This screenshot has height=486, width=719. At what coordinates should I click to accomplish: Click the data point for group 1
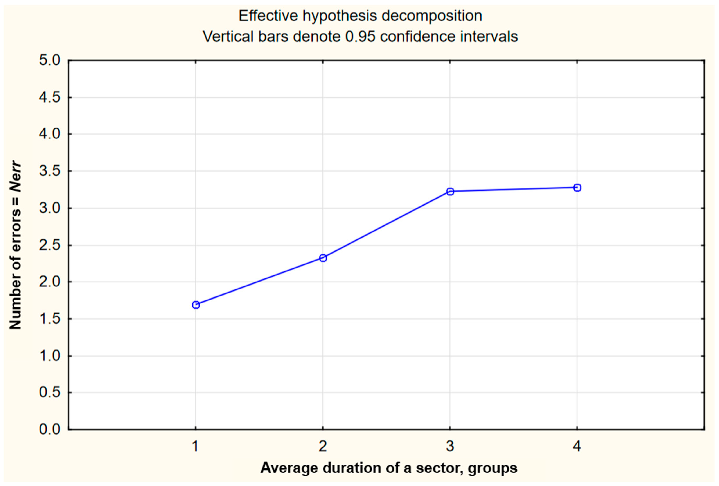196,305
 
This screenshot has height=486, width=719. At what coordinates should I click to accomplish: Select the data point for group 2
323,258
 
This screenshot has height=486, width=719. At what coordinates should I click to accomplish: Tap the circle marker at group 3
450,192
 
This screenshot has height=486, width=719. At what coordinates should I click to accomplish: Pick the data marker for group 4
577,188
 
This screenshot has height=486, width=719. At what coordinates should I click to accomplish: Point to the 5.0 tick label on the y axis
50,60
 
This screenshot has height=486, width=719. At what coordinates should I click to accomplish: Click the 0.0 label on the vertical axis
50,429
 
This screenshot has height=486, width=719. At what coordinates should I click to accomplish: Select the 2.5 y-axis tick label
50,245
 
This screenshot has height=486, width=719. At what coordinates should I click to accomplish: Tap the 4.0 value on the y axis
50,134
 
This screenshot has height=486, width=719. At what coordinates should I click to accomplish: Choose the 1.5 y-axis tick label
50,319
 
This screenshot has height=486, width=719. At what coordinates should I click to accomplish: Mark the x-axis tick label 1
195,446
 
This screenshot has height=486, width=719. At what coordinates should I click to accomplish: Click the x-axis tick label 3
450,446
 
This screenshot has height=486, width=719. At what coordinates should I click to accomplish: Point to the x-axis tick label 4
577,446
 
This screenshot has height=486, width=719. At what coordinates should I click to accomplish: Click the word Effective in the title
268,16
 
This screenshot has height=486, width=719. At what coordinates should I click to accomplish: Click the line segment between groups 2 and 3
386,225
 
